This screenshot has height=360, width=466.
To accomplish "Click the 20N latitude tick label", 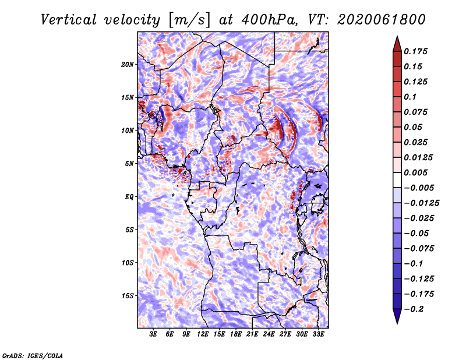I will coord(128,64).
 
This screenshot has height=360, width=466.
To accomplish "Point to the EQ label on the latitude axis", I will coord(129,197).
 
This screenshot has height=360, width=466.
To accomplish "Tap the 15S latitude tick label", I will coord(128,296).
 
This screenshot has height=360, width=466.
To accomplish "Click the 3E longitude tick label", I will coord(154,334).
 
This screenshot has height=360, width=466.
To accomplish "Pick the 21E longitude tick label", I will coord(252,334).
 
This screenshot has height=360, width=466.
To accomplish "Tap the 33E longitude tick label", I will coord(318,334).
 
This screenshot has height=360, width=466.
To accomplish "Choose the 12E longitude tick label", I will coord(203,334).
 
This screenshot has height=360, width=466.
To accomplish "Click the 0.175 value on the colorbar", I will coord(416,51).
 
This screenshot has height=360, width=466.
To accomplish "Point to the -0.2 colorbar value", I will coord(414,309).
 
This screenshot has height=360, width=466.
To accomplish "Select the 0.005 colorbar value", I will coord(416,172).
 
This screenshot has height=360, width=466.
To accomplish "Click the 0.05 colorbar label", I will coord(413,127).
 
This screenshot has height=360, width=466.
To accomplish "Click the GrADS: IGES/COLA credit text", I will coord(33,355).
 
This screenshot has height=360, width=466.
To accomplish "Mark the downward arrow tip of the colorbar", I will coord(396,322).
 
